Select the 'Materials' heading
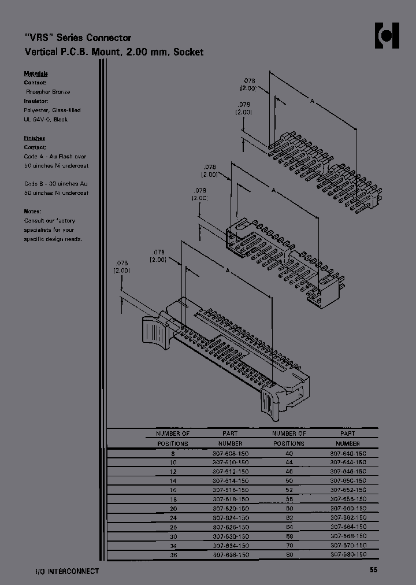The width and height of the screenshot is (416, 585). pos(35,74)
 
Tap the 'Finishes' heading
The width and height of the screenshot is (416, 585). pos(34,138)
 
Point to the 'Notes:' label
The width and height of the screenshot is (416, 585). pos(32,212)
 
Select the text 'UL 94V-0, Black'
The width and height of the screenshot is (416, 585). pos(46,119)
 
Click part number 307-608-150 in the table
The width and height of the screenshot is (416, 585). pos(230,454)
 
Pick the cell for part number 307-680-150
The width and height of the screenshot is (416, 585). pos(348,554)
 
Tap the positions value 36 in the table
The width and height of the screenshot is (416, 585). pos(173,554)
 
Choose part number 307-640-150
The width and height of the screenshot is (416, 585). pos(348,454)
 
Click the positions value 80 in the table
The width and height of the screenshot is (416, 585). pos(289,554)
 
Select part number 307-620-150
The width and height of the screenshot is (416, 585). pos(230,509)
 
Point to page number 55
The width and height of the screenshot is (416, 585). pos(374,571)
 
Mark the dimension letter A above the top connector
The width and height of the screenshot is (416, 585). pos(312,102)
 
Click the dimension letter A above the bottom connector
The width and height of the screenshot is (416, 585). pos(228,271)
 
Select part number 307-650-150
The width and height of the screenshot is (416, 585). pos(348,481)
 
